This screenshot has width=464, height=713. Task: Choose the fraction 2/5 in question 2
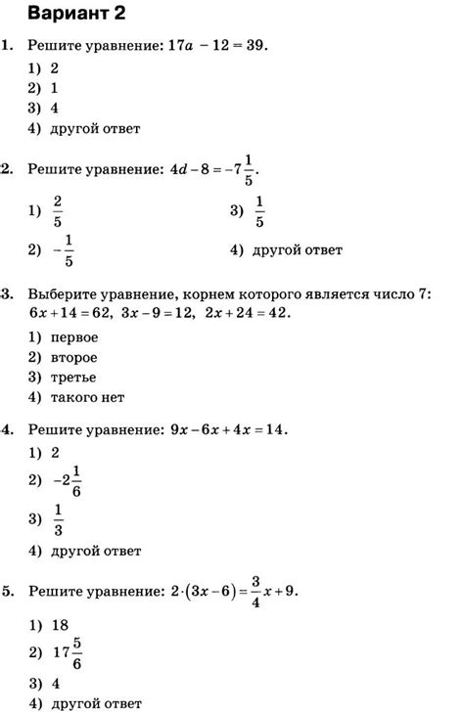59,210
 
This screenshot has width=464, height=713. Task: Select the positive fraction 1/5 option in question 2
259,210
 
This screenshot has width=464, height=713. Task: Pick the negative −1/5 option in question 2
65,250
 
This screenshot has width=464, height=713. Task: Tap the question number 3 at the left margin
7,292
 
